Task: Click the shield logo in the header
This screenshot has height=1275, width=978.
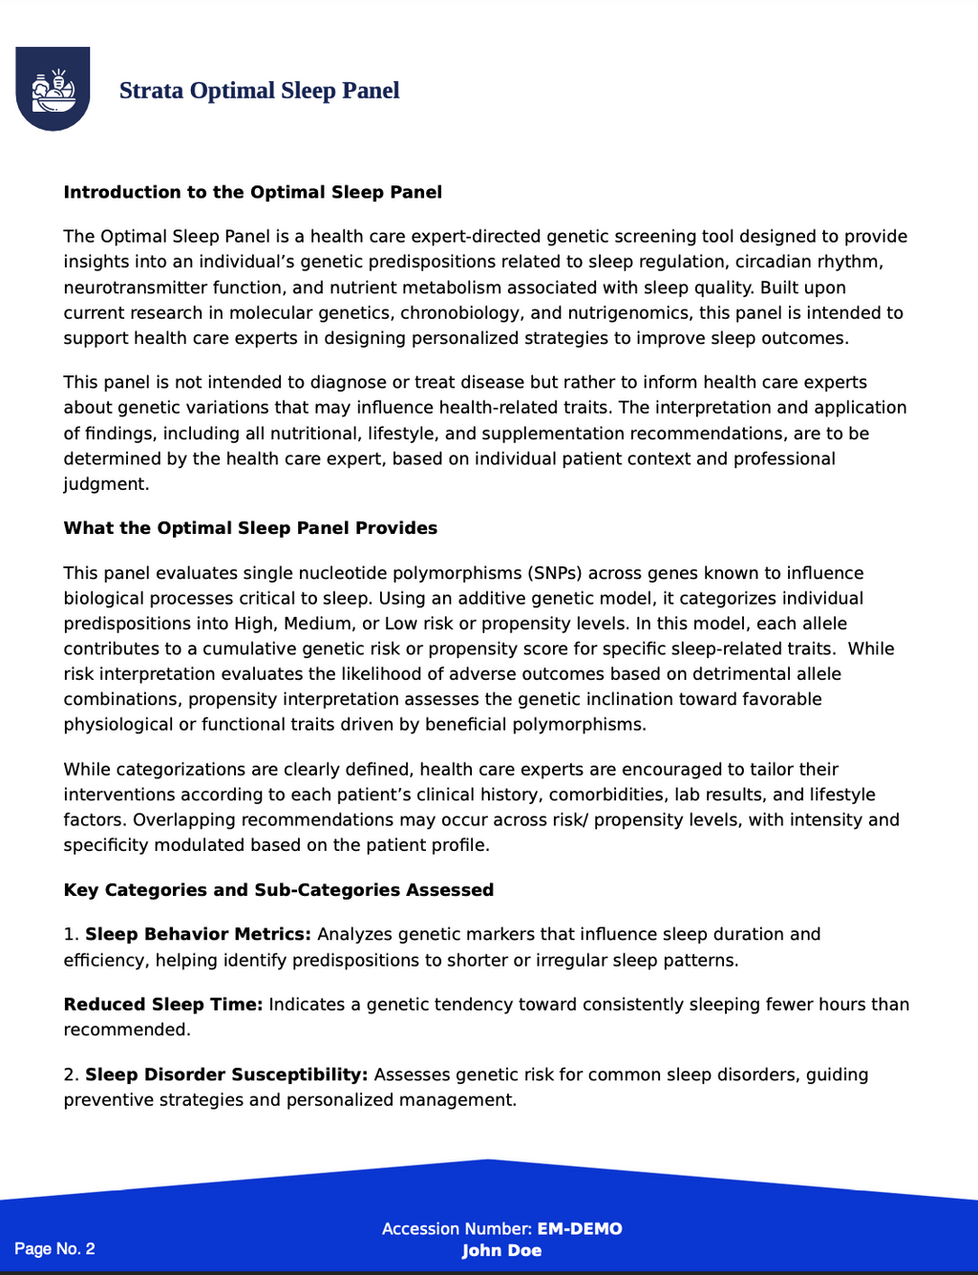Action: (53, 88)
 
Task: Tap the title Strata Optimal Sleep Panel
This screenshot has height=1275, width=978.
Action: (259, 91)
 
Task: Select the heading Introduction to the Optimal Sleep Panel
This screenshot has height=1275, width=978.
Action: (252, 192)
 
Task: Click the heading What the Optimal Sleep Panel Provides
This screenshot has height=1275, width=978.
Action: (250, 528)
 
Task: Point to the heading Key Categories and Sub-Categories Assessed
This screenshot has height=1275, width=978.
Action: (278, 890)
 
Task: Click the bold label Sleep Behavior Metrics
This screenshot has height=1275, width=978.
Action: (198, 934)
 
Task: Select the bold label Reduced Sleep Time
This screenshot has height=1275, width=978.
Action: (162, 1005)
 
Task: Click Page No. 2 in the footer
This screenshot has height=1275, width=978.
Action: (54, 1248)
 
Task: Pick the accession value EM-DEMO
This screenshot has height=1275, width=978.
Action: (579, 1229)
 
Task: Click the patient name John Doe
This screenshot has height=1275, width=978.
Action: (501, 1251)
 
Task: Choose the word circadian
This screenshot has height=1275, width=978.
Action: (775, 262)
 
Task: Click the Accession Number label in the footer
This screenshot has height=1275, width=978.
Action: (457, 1229)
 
